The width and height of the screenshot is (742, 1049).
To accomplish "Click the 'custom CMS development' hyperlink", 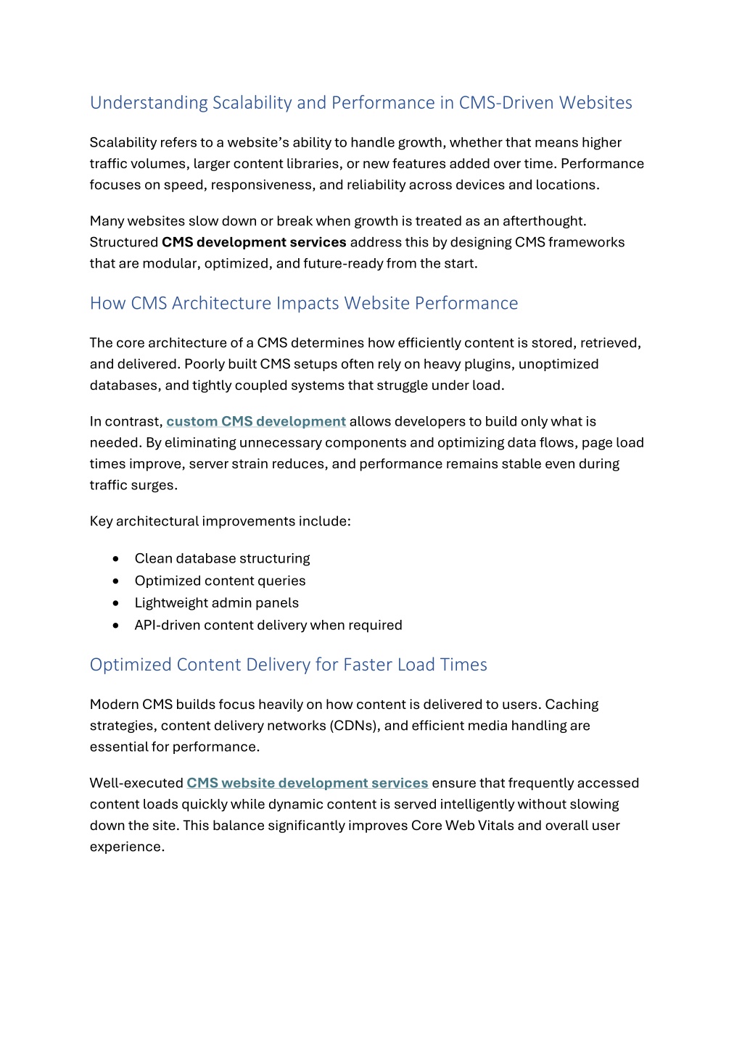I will point(256,421).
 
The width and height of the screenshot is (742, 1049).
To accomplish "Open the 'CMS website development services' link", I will point(307,783).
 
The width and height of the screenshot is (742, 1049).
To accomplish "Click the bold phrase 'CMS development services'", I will point(254,242).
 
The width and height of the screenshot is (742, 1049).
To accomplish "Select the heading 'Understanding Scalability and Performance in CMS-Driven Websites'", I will point(360,103).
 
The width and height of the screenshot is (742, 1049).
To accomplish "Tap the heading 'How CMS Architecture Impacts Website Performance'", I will point(303,303).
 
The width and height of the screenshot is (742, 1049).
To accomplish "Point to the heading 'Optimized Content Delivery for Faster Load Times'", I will point(288,665).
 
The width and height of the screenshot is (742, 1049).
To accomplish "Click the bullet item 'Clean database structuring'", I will point(222,558).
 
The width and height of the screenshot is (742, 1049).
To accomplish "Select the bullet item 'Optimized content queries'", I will point(220,581).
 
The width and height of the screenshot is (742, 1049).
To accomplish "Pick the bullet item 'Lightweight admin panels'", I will point(216,603).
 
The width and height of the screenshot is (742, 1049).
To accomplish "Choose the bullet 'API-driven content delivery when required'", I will point(268,625).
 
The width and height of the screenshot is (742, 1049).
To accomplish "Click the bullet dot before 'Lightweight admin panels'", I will point(116,603).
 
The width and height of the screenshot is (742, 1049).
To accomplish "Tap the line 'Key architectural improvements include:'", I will point(220,521).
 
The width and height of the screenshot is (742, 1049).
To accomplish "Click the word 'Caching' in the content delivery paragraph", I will point(572,705).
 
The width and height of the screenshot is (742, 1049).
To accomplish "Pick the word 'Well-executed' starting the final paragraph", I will point(136,783).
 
